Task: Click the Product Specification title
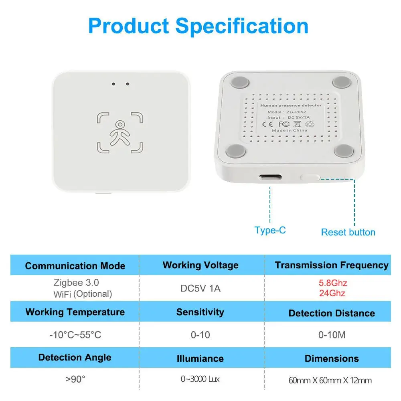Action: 198,26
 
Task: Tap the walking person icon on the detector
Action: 120,132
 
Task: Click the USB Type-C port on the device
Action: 270,177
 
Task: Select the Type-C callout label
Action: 270,230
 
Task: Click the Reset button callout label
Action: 348,232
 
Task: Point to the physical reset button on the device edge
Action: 310,176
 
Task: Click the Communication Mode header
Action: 75,266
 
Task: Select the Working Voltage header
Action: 200,265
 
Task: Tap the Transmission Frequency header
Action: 332,265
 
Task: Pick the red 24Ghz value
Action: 332,293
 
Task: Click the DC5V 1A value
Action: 200,288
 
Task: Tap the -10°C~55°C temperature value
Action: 75,335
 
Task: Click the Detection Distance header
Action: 332,313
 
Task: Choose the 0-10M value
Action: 332,335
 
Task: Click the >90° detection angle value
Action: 75,379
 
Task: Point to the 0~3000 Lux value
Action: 200,379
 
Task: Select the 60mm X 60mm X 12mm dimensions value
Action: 330,380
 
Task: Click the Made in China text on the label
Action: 289,130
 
